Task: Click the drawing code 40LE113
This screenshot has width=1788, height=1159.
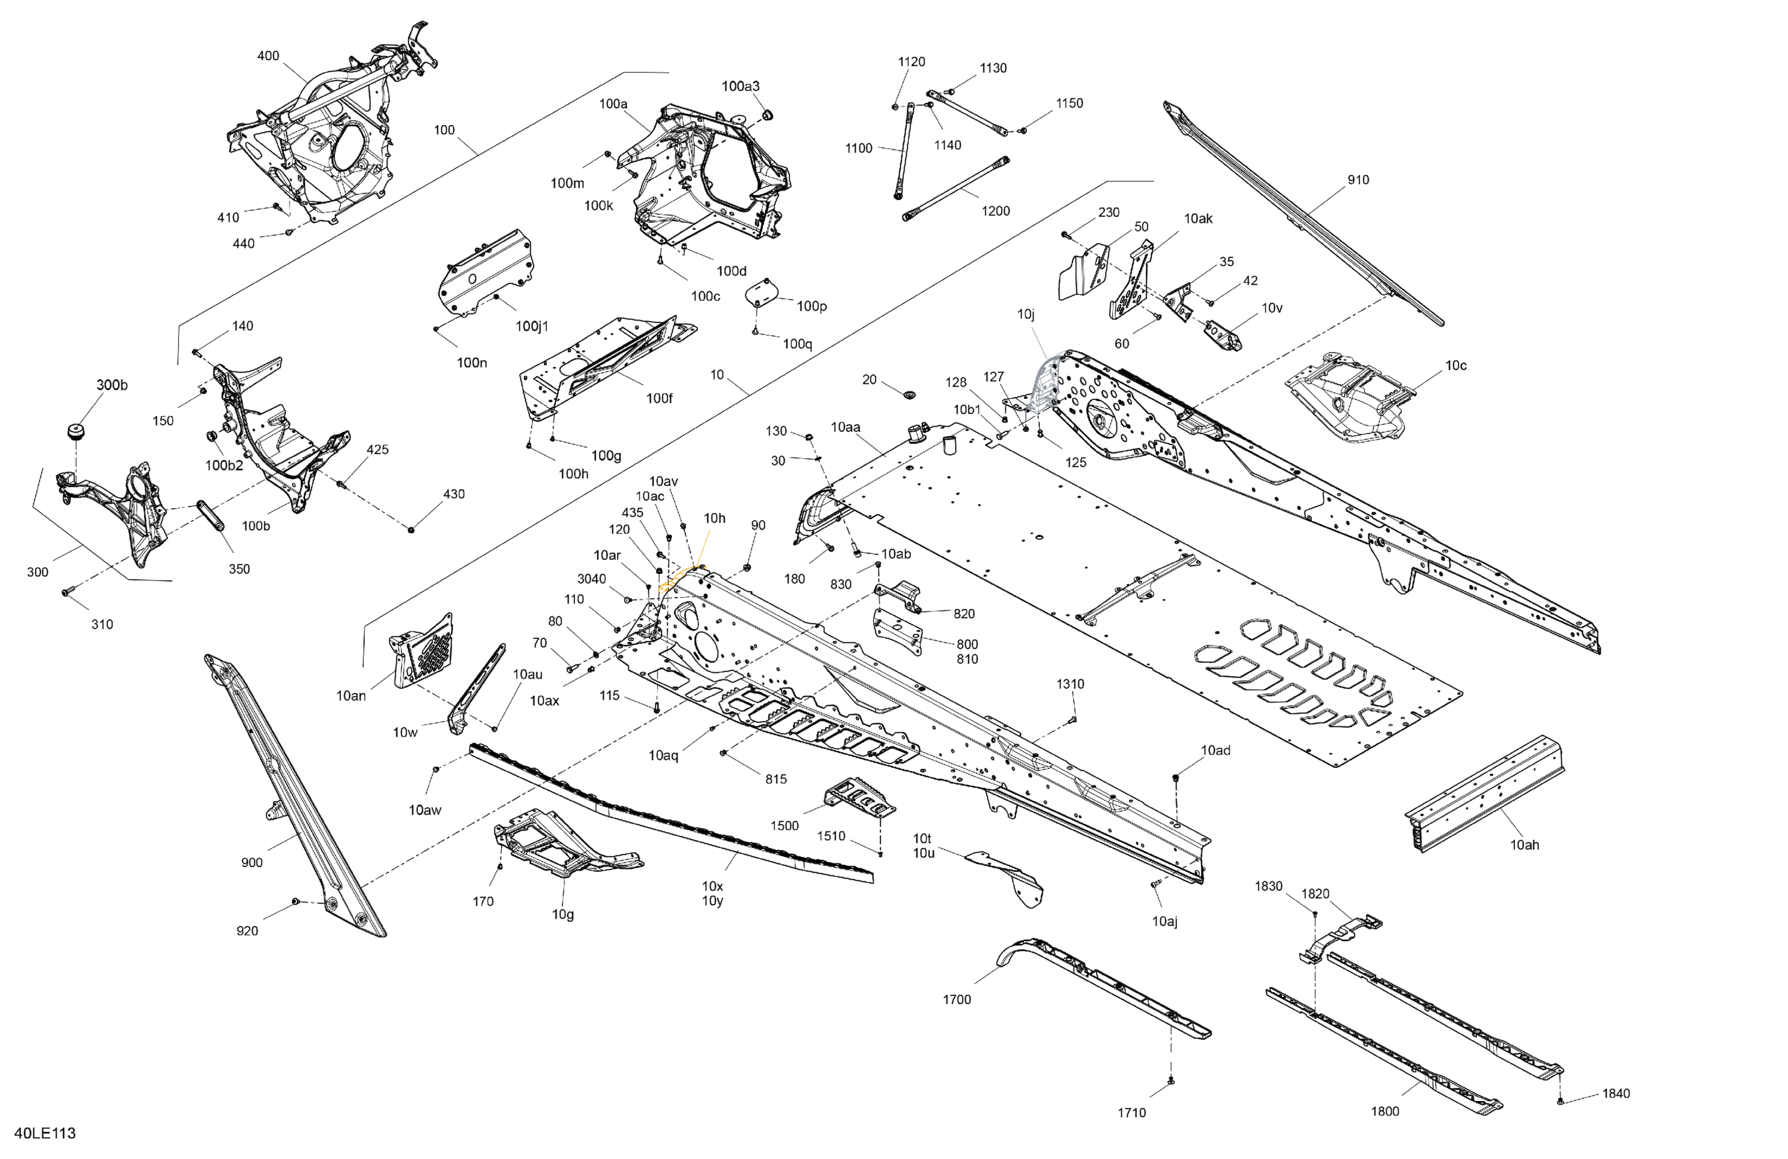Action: tap(45, 1133)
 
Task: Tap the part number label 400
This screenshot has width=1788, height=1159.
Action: tap(268, 55)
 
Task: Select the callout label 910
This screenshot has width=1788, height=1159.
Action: tap(1358, 179)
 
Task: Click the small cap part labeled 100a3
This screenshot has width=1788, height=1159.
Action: tap(768, 114)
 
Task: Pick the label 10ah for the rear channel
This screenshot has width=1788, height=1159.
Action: tap(1525, 845)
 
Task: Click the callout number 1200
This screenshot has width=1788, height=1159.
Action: tap(995, 211)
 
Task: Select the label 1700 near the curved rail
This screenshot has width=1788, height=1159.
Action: tap(957, 1000)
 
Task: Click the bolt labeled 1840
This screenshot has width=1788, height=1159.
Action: tap(1560, 1102)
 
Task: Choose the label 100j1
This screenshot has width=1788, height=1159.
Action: tap(532, 326)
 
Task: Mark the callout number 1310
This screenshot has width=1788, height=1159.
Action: tap(1070, 684)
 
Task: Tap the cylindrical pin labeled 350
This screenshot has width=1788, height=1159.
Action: tap(211, 516)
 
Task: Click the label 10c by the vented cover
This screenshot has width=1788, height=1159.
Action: tap(1456, 366)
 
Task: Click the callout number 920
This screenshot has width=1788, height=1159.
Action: tap(247, 931)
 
